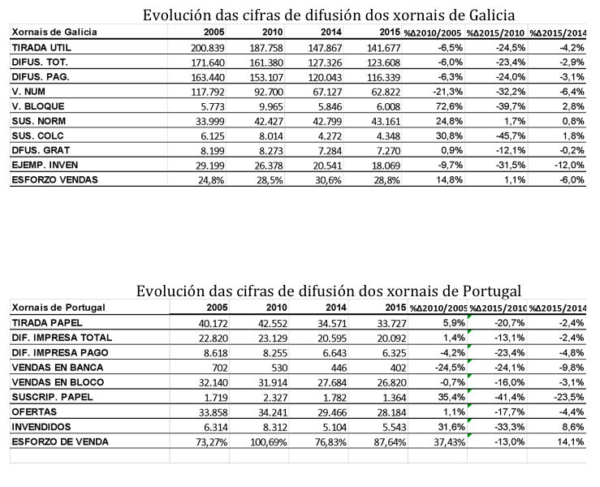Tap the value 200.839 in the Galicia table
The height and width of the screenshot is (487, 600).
[x=208, y=48]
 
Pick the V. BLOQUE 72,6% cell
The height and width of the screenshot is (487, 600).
[x=449, y=106]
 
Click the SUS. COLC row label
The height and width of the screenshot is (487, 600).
[x=37, y=136]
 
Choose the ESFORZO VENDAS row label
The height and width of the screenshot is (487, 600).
[x=54, y=180]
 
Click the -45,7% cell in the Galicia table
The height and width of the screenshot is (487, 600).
[x=511, y=136]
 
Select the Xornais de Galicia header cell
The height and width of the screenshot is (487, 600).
[x=54, y=32]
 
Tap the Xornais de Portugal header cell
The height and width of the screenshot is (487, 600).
[x=58, y=308]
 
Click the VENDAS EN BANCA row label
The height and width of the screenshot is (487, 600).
[x=58, y=368]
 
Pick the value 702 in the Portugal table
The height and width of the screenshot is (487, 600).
[x=220, y=368]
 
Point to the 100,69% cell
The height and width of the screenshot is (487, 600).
[x=269, y=442]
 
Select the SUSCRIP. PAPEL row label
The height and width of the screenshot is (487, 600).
[x=53, y=397]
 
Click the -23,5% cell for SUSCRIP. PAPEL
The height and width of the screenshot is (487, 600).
[x=569, y=397]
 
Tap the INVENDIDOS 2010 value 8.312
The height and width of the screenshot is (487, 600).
[x=275, y=427]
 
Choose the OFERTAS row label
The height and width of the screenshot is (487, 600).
[x=34, y=412]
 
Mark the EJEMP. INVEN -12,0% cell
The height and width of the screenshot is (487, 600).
[x=569, y=166]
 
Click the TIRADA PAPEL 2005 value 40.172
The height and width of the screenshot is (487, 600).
[x=214, y=323]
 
